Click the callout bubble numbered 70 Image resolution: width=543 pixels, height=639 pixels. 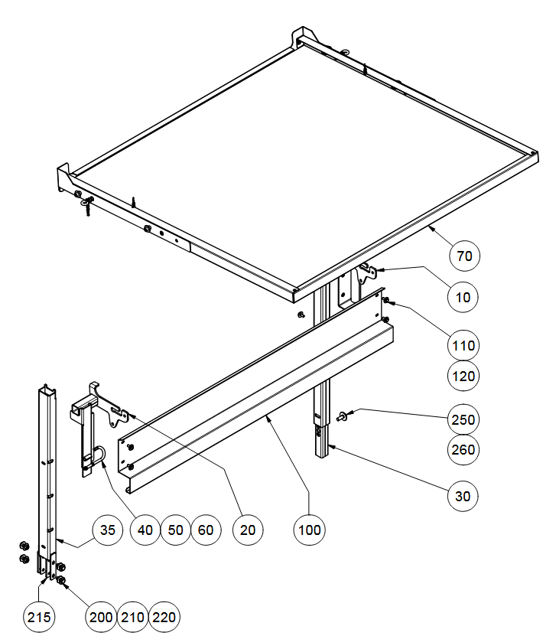click(x=464, y=256)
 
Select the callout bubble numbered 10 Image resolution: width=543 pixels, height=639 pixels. click(x=463, y=297)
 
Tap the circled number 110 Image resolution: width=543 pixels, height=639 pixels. click(x=463, y=346)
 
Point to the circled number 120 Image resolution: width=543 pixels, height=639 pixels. click(x=463, y=376)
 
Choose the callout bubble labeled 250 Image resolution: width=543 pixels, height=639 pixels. click(x=463, y=419)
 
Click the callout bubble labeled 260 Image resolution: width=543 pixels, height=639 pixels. click(x=463, y=449)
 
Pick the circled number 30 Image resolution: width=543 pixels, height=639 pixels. click(x=463, y=496)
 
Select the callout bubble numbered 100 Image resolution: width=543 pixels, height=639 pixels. click(x=309, y=530)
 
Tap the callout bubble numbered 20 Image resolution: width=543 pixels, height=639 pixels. click(x=248, y=530)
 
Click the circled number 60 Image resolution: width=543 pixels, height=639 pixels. click(x=206, y=530)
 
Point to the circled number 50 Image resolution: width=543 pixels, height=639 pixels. click(x=176, y=530)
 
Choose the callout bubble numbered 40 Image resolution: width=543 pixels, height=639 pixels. click(x=145, y=530)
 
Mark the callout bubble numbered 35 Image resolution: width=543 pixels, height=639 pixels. click(x=108, y=530)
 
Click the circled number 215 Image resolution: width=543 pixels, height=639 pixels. click(x=39, y=617)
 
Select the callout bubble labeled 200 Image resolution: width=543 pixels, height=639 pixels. click(x=101, y=617)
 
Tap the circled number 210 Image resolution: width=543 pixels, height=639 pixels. click(x=132, y=617)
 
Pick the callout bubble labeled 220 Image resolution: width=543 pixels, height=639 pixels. click(x=164, y=617)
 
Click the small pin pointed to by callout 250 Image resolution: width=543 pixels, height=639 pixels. click(x=341, y=416)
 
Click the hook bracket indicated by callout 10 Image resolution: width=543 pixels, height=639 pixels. click(x=366, y=273)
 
